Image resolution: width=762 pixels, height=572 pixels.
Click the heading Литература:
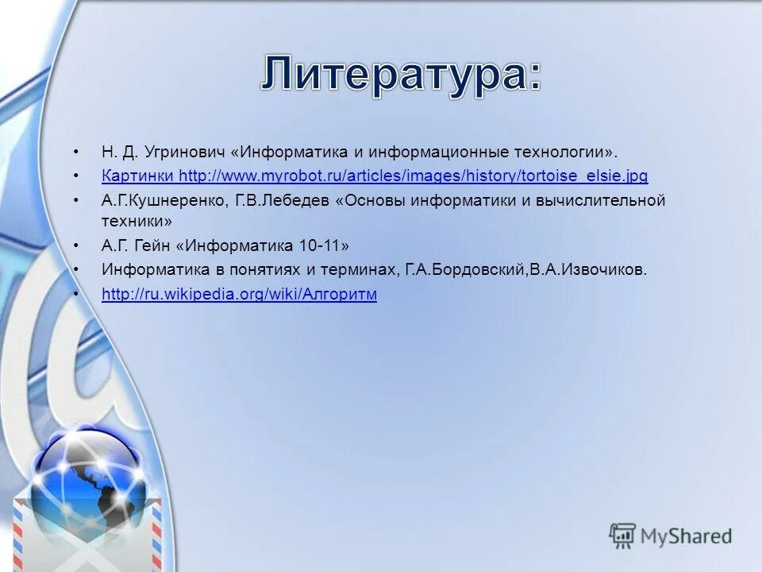[402, 75]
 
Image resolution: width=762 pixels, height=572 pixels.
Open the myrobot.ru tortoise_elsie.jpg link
[414, 176]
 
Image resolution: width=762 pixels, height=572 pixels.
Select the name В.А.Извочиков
[587, 269]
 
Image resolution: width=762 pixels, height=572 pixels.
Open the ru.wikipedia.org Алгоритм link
[239, 294]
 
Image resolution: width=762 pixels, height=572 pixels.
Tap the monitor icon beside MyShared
[622, 536]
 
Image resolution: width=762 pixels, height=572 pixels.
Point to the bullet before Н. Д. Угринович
[76, 151]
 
